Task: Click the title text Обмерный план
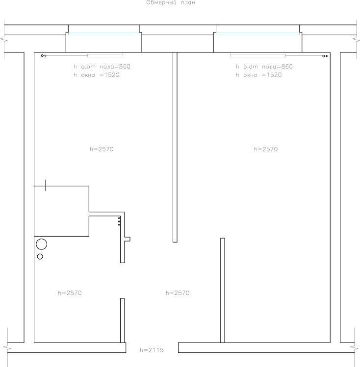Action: (x=171, y=2)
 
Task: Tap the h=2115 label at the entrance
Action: (x=152, y=350)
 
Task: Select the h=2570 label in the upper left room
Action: (x=102, y=149)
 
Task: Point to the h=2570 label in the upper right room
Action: (x=266, y=149)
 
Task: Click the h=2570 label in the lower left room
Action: (x=70, y=293)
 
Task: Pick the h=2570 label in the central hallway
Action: (x=178, y=293)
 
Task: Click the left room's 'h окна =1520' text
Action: (x=97, y=75)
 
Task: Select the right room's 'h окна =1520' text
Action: (x=259, y=75)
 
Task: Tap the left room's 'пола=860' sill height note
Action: (x=115, y=67)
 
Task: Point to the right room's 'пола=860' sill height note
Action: (x=277, y=67)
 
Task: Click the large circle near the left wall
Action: (x=42, y=239)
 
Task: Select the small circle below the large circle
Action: (x=40, y=254)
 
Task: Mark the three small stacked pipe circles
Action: (x=119, y=221)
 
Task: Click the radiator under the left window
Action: (x=105, y=56)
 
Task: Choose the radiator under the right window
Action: (x=258, y=56)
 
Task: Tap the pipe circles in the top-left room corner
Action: (x=44, y=56)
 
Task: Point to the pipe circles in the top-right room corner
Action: (x=325, y=56)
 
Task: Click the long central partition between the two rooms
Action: (x=175, y=147)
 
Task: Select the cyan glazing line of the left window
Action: (x=104, y=34)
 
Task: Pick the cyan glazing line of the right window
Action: (x=257, y=34)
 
